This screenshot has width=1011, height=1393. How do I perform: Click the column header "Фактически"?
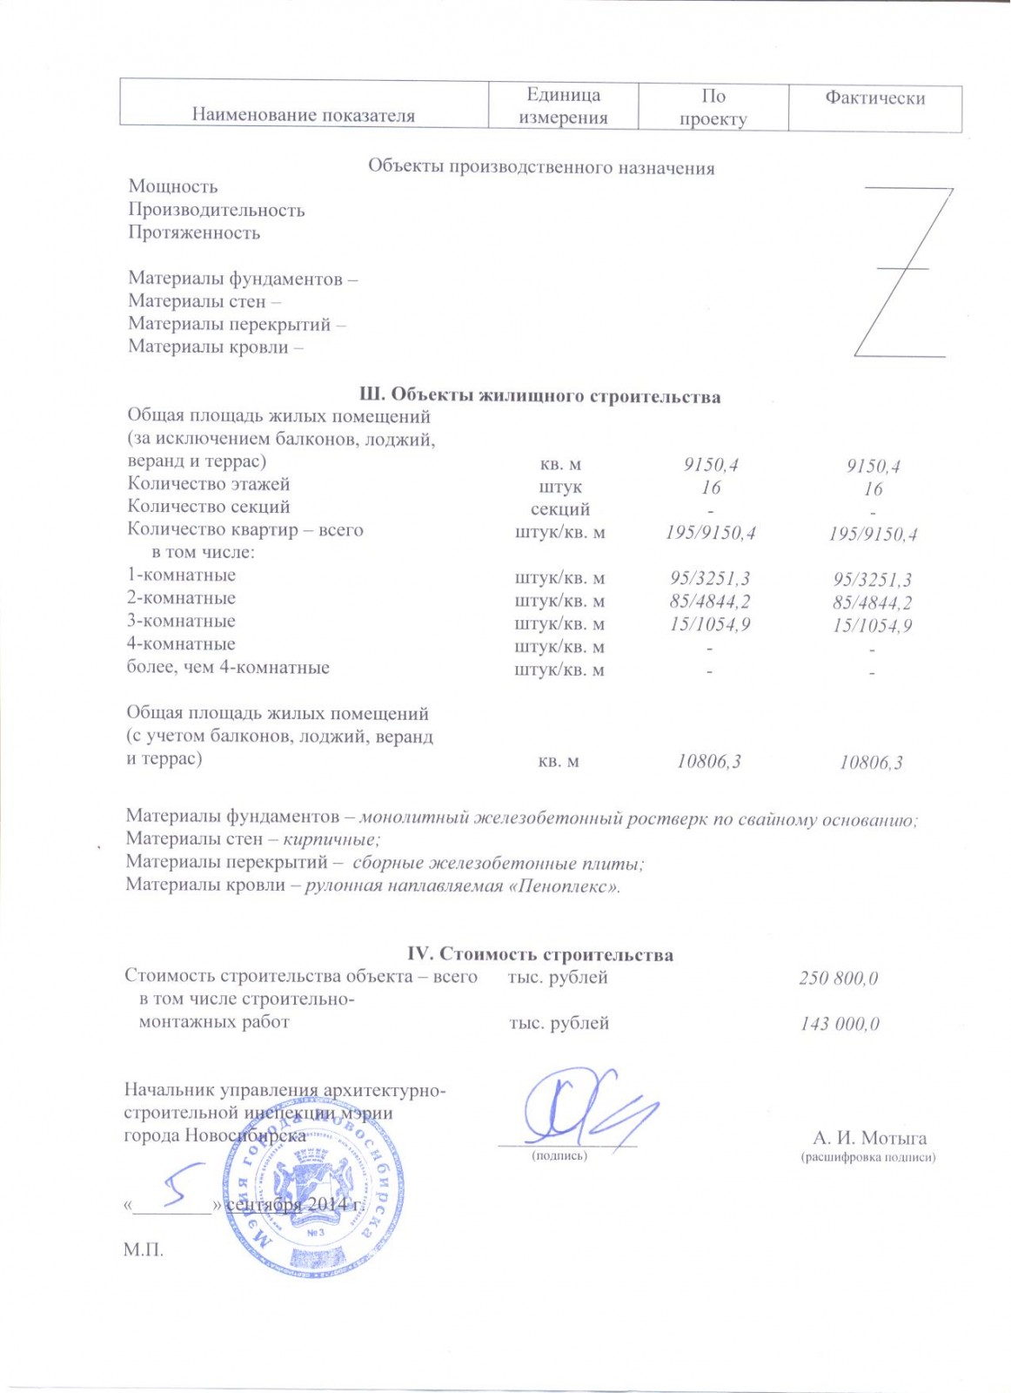click(x=874, y=98)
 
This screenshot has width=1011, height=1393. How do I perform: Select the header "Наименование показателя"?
click(x=303, y=116)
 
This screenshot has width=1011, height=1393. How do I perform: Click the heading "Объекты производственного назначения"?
click(x=541, y=168)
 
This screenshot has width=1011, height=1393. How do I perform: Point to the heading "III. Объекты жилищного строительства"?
click(x=539, y=397)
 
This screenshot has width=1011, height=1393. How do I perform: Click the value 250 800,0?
click(x=839, y=979)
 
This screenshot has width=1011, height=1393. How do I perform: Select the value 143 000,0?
click(x=840, y=1025)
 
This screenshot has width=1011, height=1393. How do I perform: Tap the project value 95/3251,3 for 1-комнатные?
click(x=710, y=578)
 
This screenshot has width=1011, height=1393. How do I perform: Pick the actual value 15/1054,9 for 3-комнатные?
click(x=873, y=626)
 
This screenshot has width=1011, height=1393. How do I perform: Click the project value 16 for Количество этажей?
click(x=711, y=488)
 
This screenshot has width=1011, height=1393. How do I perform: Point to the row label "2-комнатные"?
click(x=181, y=598)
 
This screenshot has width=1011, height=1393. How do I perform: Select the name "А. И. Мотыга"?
click(x=869, y=1138)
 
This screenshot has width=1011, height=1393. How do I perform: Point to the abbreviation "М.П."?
click(x=144, y=1250)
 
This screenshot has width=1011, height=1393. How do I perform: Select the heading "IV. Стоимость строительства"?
click(x=539, y=955)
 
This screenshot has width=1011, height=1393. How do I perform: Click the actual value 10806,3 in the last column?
click(x=871, y=764)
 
